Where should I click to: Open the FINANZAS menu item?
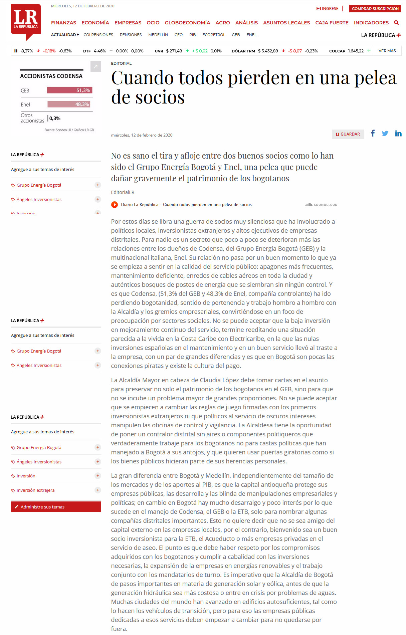click(x=63, y=23)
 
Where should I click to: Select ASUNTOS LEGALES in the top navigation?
click(x=286, y=23)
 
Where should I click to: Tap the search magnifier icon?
click(x=396, y=23)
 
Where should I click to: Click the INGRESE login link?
click(x=327, y=9)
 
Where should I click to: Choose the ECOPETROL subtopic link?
click(x=214, y=35)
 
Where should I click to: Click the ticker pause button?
click(x=16, y=51)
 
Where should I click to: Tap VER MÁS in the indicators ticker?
click(x=387, y=51)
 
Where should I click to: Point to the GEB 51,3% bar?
click(x=69, y=90)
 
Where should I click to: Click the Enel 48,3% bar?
click(x=69, y=104)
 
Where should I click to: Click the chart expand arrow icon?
click(x=95, y=66)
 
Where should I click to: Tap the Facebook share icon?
click(x=373, y=134)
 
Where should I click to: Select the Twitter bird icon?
click(x=385, y=134)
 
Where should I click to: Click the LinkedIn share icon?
click(x=398, y=134)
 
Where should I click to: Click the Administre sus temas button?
click(x=56, y=507)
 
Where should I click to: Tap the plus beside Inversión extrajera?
click(x=97, y=490)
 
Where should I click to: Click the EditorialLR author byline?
click(x=123, y=192)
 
